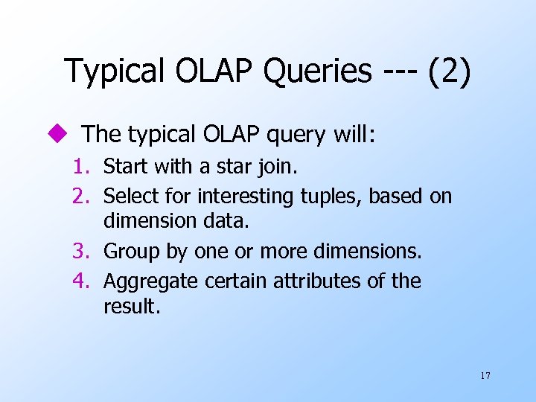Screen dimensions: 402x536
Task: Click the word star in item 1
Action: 233,166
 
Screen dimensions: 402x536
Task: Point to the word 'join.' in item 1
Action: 277,166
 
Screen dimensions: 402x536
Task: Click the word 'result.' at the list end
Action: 132,307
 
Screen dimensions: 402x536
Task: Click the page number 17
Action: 485,375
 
